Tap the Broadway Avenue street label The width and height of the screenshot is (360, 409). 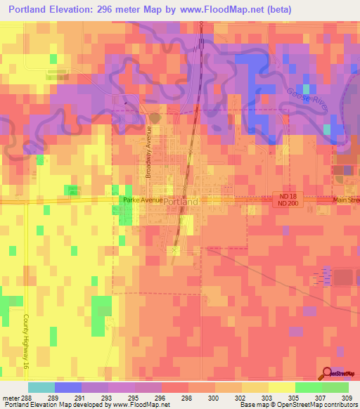(149, 152)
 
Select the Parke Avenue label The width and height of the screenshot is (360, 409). (142, 200)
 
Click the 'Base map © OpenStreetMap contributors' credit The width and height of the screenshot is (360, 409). (297, 405)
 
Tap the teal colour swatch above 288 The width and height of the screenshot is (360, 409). (41, 387)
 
